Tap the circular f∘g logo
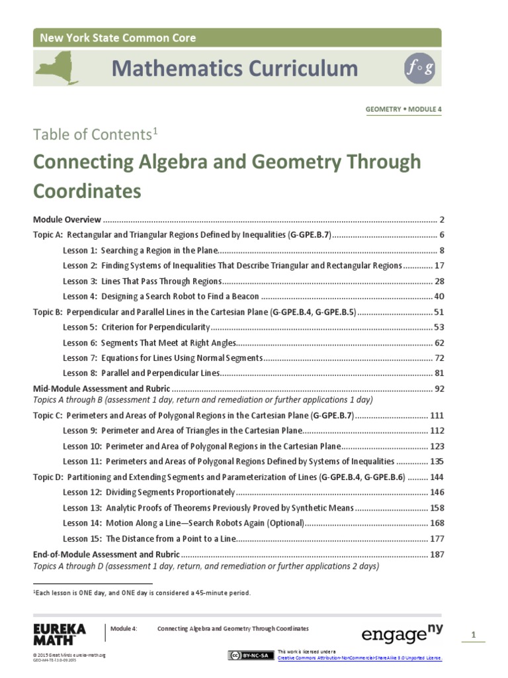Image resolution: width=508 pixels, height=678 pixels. pyautogui.click(x=419, y=70)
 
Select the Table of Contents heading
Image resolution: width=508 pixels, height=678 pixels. pyautogui.click(x=95, y=135)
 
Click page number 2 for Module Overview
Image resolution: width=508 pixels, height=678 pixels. pyautogui.click(x=441, y=219)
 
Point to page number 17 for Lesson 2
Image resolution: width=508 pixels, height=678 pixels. pyautogui.click(x=439, y=266)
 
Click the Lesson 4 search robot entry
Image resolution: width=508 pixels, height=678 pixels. pyautogui.click(x=161, y=296)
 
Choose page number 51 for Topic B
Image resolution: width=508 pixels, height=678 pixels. pyautogui.click(x=439, y=311)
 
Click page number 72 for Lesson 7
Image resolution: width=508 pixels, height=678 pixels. pyautogui.click(x=439, y=358)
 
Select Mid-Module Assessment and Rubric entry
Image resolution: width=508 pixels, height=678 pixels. pyautogui.click(x=101, y=389)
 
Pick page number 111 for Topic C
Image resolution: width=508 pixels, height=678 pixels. pyautogui.click(x=437, y=416)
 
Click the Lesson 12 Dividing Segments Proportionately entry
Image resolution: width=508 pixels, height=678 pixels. pyautogui.click(x=149, y=492)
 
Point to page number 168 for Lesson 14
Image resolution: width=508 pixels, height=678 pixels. pyautogui.click(x=437, y=523)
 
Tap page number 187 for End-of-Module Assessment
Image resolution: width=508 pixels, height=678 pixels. pyautogui.click(x=437, y=554)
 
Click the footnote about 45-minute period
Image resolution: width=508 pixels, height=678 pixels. pyautogui.click(x=142, y=593)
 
